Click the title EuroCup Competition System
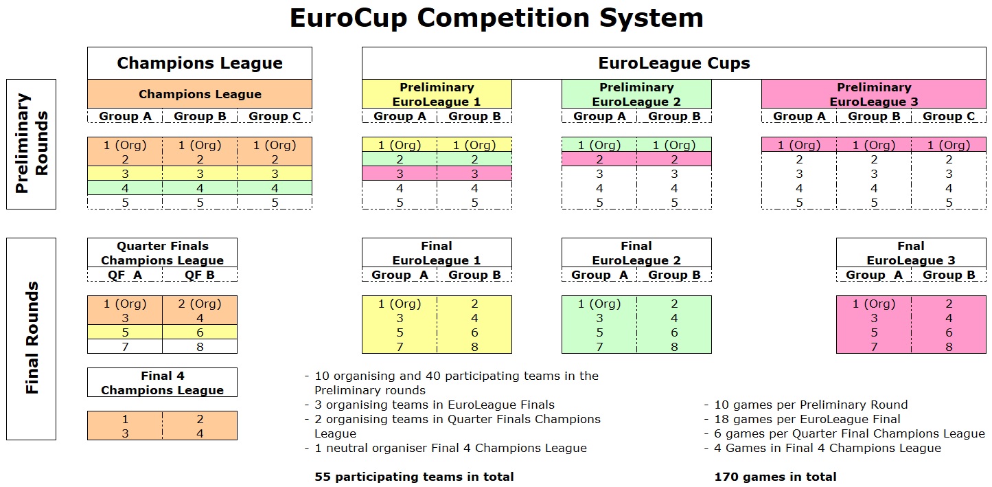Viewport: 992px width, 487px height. click(496, 18)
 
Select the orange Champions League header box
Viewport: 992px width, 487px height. click(200, 94)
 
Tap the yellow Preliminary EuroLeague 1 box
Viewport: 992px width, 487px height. click(437, 94)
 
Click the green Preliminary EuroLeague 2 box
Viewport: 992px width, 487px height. click(636, 94)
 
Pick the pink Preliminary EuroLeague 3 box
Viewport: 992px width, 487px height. click(874, 94)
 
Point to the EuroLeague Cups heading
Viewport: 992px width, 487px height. click(674, 63)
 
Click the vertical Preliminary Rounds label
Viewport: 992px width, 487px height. click(31, 144)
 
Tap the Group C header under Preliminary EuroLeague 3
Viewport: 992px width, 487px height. click(949, 116)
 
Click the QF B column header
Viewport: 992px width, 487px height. click(200, 275)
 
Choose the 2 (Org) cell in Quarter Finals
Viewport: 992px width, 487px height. click(200, 304)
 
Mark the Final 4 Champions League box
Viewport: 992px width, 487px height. click(162, 383)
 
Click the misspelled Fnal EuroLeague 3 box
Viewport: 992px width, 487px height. click(911, 253)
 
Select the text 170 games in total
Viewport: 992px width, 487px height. click(775, 477)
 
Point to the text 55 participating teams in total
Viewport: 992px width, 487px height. click(414, 477)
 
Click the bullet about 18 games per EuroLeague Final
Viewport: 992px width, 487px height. click(803, 419)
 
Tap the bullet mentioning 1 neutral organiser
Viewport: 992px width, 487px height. click(446, 448)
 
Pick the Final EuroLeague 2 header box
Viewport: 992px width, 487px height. click(636, 253)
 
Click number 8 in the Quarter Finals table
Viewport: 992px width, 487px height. click(200, 347)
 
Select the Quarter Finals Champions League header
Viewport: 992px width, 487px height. click(162, 253)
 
